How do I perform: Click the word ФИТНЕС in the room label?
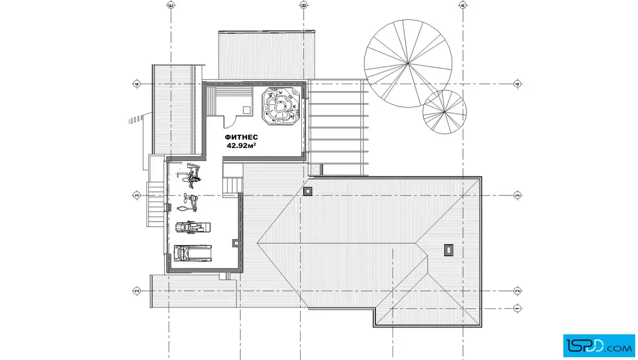(x=242, y=137)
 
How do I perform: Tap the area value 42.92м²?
(x=242, y=145)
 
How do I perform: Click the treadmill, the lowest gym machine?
(x=193, y=252)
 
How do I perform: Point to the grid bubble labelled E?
(x=171, y=5)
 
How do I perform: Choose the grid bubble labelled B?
(x=304, y=5)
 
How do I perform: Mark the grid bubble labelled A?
(x=463, y=5)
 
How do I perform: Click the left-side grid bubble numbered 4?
(x=137, y=84)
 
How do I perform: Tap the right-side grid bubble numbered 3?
(x=518, y=195)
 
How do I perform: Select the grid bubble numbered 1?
(x=518, y=308)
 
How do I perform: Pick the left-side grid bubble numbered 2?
(x=137, y=291)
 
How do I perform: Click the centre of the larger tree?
(x=408, y=63)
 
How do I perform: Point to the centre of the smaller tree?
(x=444, y=112)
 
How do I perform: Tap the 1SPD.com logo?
(x=599, y=346)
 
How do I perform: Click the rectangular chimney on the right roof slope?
(x=448, y=250)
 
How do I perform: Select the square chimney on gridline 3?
(x=308, y=191)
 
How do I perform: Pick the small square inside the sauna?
(x=247, y=110)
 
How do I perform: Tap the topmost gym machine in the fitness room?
(x=190, y=173)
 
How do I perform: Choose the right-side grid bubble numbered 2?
(x=518, y=291)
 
